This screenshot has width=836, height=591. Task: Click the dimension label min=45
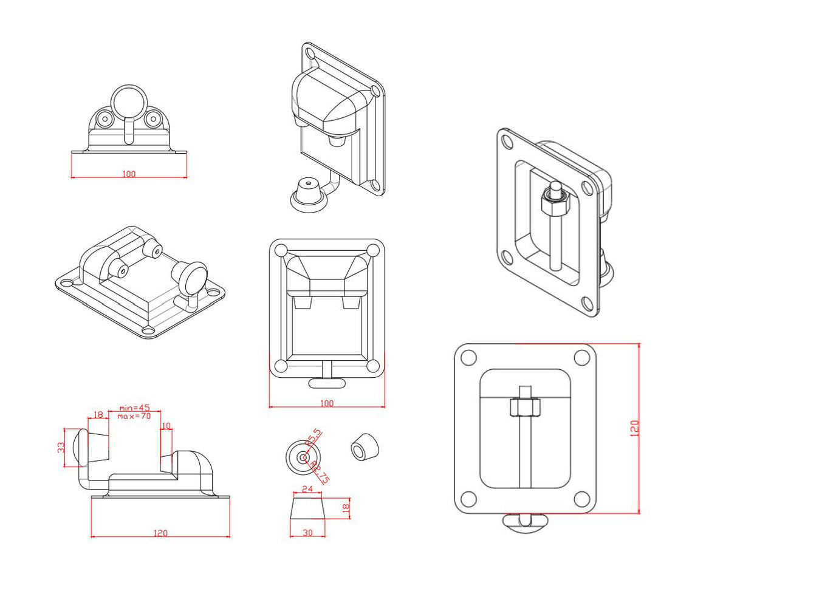click(134, 408)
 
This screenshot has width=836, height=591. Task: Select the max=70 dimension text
click(134, 416)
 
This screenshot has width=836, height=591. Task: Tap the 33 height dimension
click(61, 447)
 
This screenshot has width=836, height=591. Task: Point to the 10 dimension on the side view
click(166, 426)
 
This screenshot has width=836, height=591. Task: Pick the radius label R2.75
click(320, 473)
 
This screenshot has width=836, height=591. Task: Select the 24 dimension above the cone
click(307, 489)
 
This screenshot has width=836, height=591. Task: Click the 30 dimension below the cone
click(307, 533)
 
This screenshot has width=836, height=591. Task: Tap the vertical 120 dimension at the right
click(635, 428)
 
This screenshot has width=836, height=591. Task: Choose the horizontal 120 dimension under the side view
click(160, 533)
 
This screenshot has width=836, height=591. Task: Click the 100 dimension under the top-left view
click(129, 174)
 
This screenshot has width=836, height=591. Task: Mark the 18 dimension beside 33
click(98, 415)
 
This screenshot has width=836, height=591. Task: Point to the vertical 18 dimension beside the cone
click(346, 508)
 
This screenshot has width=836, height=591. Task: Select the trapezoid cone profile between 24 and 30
click(307, 508)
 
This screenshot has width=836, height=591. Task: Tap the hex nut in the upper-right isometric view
click(554, 202)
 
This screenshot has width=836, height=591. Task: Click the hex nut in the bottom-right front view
click(525, 408)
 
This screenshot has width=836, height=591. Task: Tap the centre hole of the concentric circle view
click(303, 457)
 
